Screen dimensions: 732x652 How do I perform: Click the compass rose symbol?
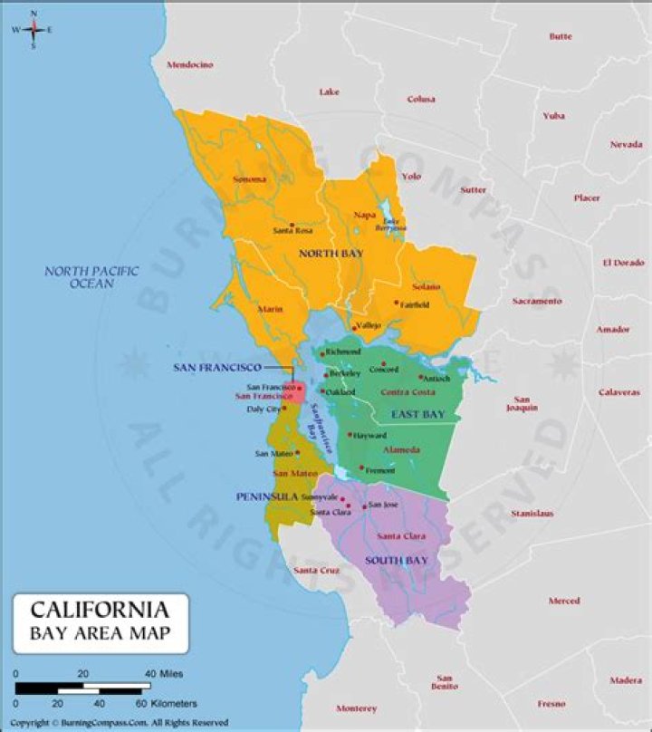click(34, 29)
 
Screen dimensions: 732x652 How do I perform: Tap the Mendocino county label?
click(189, 65)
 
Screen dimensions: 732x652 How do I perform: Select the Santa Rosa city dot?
click(292, 224)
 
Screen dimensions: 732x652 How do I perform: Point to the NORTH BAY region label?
click(331, 254)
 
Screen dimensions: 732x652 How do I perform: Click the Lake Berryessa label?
click(391, 225)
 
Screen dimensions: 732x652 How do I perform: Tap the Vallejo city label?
click(369, 325)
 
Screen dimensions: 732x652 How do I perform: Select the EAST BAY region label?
click(417, 415)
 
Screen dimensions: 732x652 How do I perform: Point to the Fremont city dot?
click(361, 468)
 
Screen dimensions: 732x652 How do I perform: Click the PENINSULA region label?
click(267, 497)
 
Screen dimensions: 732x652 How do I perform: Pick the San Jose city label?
click(383, 505)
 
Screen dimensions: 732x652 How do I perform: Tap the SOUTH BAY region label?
click(397, 561)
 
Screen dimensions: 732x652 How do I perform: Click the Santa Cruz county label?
click(316, 571)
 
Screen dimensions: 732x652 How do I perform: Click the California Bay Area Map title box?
click(101, 622)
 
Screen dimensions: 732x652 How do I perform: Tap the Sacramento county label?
click(536, 301)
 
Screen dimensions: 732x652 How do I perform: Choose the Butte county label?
click(560, 36)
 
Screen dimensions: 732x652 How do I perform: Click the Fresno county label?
click(551, 703)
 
